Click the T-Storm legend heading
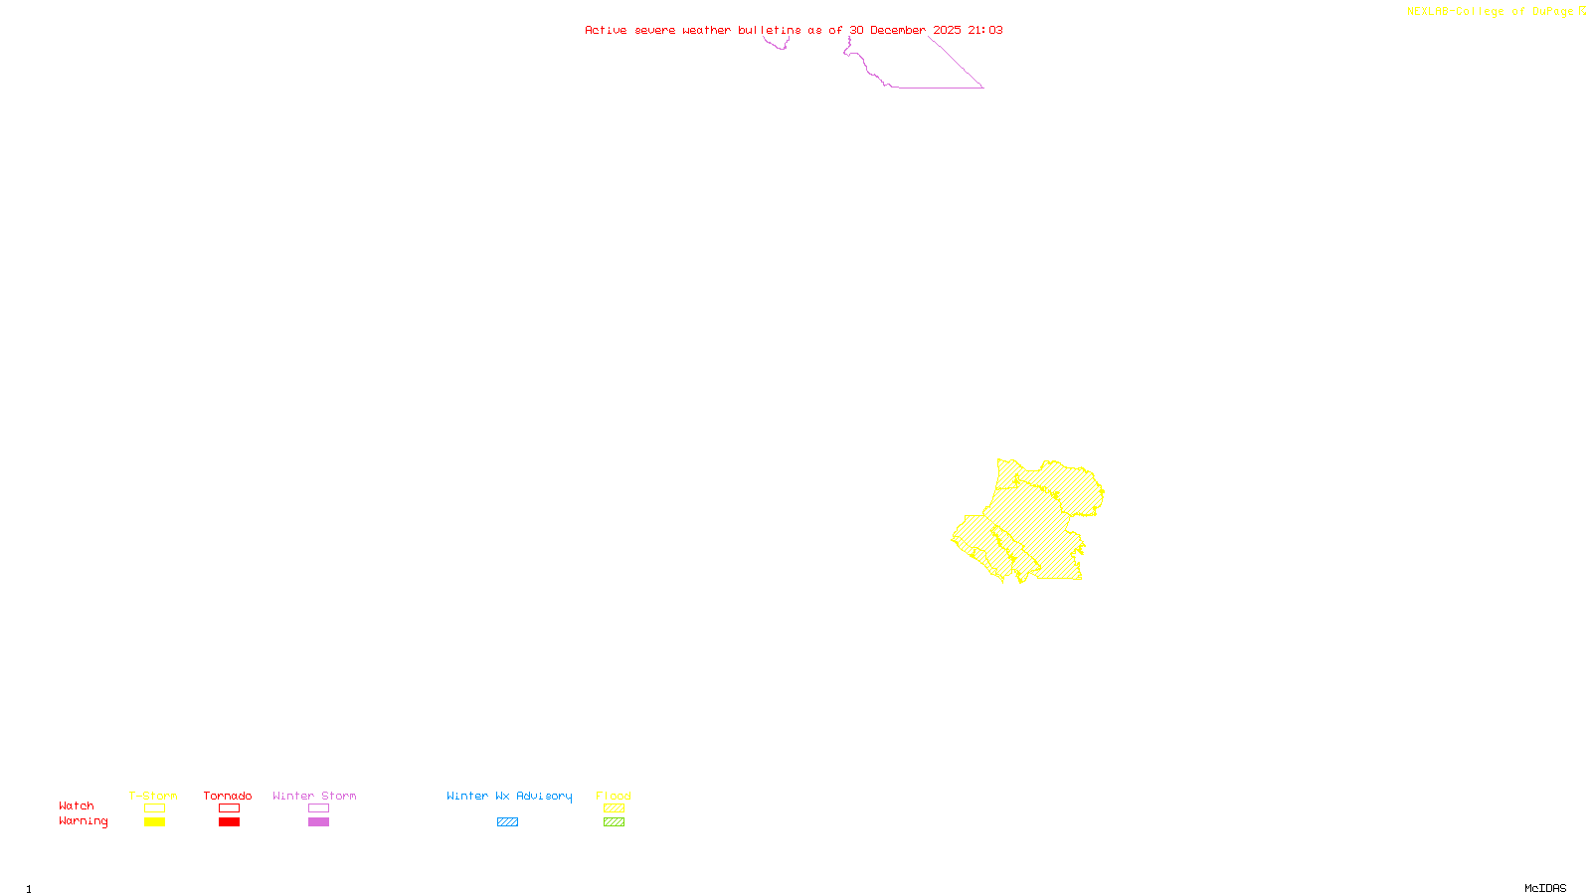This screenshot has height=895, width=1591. pyautogui.click(x=153, y=796)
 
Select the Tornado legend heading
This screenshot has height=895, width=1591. pyautogui.click(x=228, y=796)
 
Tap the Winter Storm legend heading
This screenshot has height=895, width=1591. pyautogui.click(x=314, y=796)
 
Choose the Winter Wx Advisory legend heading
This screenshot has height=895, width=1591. pyautogui.click(x=509, y=796)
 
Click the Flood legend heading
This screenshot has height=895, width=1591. pyautogui.click(x=614, y=796)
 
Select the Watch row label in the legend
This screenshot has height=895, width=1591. pyautogui.click(x=77, y=805)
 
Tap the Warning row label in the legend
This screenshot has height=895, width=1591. pyautogui.click(x=83, y=821)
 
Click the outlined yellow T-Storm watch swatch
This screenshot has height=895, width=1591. pyautogui.click(x=154, y=808)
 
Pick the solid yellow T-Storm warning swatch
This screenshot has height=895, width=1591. pyautogui.click(x=154, y=822)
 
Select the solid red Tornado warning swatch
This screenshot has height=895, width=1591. pyautogui.click(x=229, y=822)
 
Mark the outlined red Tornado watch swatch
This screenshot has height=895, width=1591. pyautogui.click(x=229, y=808)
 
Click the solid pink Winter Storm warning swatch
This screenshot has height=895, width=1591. pyautogui.click(x=318, y=822)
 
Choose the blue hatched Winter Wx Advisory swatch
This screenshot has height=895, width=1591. pyautogui.click(x=507, y=822)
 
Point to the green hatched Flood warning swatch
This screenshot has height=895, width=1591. pyautogui.click(x=614, y=822)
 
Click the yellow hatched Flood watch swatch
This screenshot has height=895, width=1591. pyautogui.click(x=614, y=808)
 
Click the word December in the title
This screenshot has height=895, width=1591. pyautogui.click(x=898, y=30)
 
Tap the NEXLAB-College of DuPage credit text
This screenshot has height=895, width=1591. pyautogui.click(x=1491, y=12)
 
